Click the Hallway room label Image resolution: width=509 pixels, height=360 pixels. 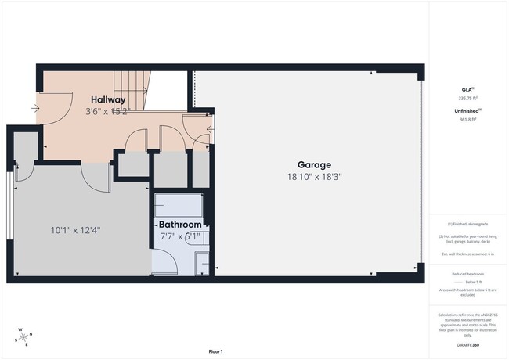tap(107, 99)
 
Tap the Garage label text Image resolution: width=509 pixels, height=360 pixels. tap(313, 164)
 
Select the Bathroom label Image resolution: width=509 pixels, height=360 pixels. tap(180, 225)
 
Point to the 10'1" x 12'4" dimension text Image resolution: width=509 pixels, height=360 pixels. tap(75, 230)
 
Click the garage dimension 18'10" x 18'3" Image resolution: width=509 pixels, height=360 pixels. tap(313, 176)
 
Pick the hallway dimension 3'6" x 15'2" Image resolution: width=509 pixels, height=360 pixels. tap(107, 111)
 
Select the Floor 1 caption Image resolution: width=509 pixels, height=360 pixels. tap(215, 351)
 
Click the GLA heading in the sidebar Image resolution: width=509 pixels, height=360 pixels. tap(467, 90)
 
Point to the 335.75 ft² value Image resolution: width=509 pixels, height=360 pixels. tap(467, 99)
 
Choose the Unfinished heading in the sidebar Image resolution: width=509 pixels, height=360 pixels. tap(467, 111)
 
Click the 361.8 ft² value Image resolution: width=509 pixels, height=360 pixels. tap(467, 120)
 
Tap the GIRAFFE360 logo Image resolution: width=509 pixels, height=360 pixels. tap(467, 344)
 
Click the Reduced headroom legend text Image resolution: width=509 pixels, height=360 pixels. tap(467, 273)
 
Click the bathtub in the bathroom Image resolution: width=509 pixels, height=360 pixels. tap(179, 206)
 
